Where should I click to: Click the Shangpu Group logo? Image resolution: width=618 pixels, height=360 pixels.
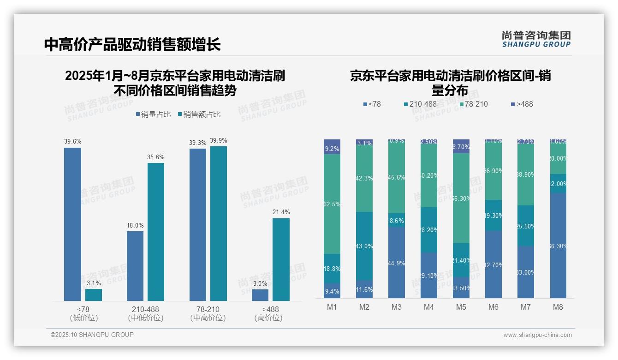[x=536, y=39]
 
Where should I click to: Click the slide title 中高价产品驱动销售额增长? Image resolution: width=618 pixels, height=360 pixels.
[x=132, y=44]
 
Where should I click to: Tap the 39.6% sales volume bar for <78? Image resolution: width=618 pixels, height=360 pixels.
[x=72, y=224]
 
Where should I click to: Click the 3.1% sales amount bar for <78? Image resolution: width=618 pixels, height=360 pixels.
[x=94, y=295]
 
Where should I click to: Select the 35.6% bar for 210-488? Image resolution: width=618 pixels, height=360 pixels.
[x=156, y=232]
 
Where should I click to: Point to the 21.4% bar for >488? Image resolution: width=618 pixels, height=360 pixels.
[x=281, y=259]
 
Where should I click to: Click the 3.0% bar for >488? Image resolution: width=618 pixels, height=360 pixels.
[x=260, y=295]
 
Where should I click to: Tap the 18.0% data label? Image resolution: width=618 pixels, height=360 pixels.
[x=135, y=226]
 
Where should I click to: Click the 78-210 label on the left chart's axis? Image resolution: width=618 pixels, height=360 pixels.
[x=208, y=309]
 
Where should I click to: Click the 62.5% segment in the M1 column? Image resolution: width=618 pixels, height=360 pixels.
[x=332, y=204]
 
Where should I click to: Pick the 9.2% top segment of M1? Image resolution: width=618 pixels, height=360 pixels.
[x=332, y=147]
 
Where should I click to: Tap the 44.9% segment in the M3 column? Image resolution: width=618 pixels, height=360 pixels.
[x=396, y=262]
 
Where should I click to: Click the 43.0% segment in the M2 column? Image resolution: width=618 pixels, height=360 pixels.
[x=364, y=246]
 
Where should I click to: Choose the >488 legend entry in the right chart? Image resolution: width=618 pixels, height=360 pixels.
[x=522, y=104]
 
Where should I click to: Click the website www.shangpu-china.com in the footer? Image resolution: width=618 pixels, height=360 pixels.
[x=537, y=335]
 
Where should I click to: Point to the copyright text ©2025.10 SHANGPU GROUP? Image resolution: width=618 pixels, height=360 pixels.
[x=92, y=335]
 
